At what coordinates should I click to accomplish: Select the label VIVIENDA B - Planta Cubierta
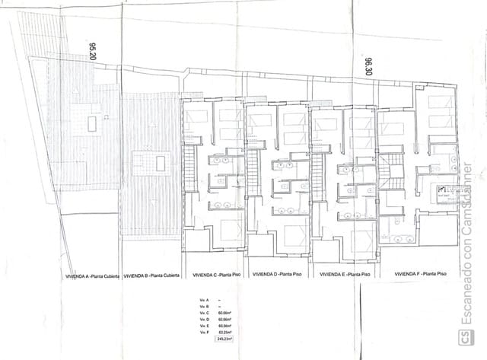coord(151,276)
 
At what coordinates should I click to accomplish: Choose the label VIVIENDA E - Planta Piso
coord(345,276)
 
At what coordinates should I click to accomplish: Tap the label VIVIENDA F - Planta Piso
coord(420,273)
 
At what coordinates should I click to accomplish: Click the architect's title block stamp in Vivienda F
coord(444,191)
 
